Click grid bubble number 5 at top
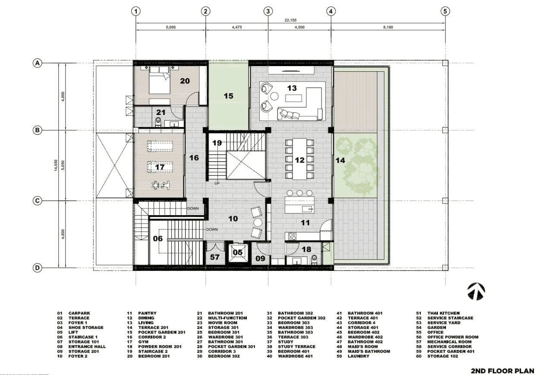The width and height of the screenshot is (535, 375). tap(445, 11)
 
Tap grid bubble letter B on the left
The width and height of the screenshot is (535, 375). tap(37, 130)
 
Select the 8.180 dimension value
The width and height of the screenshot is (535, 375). tap(388, 27)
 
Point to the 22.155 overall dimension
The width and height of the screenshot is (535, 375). tap(290, 20)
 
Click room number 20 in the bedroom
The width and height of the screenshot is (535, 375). tap(185, 81)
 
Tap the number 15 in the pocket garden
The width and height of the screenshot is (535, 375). tap(228, 96)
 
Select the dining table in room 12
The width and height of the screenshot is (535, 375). tap(299, 159)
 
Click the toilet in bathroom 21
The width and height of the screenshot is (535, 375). tap(158, 121)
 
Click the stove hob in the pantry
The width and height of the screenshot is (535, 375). tap(292, 236)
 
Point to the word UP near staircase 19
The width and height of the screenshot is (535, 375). tap(217, 184)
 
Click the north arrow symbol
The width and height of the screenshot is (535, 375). tap(476, 291)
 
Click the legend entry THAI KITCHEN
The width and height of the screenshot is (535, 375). tap(443, 313)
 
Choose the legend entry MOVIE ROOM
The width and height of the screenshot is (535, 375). tap(223, 323)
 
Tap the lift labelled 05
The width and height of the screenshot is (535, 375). tap(237, 253)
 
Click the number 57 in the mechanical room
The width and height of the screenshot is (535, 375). tap(215, 257)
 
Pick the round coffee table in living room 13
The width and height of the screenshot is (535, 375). tap(274, 96)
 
